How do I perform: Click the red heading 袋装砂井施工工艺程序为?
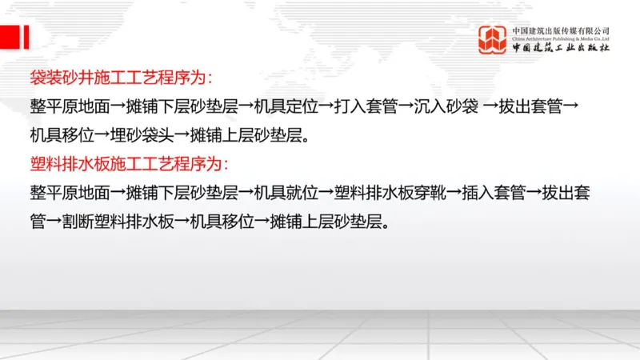[121, 78]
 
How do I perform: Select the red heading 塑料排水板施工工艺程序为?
[129, 164]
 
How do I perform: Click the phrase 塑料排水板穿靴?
[390, 192]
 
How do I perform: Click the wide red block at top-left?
[10, 37]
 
